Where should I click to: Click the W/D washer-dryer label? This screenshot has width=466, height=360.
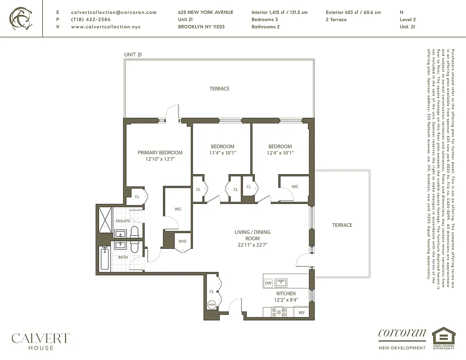coord(182,241)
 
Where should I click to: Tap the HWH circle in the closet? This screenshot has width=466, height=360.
coord(212,305)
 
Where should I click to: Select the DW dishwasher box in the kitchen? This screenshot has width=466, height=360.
coord(268,283)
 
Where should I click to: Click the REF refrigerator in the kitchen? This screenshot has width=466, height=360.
coord(302,312)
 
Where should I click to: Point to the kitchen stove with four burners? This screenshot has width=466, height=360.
coord(279,311)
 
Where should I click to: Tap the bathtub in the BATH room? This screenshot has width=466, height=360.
coord(104,258)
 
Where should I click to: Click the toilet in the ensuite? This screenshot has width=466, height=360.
coord(134,232)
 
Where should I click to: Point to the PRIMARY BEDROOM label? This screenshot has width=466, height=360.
coord(160,153)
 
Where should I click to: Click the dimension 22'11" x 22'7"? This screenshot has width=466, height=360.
coord(253,245)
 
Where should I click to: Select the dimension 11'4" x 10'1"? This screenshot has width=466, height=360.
coord(222,153)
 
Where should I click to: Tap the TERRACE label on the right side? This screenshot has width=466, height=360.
coord(342,225)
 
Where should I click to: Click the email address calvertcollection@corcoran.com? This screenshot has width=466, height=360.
coord(114,13)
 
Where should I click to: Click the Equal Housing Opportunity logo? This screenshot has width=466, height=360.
coord(443,338)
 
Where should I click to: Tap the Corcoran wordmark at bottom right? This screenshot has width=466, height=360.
coord(402,334)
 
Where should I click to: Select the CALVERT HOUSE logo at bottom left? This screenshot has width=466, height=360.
coord(41,341)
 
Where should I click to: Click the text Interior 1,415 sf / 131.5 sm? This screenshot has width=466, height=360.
coord(279,13)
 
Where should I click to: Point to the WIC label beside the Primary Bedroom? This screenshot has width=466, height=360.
coord(178,209)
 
